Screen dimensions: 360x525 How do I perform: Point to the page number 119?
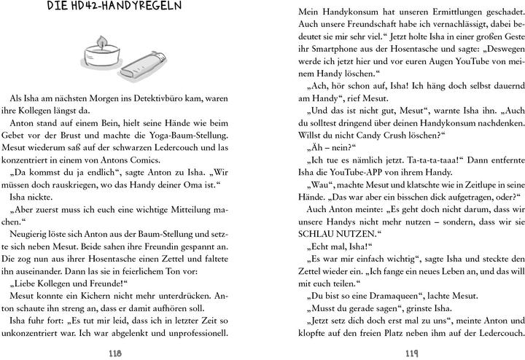click(412, 348)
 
